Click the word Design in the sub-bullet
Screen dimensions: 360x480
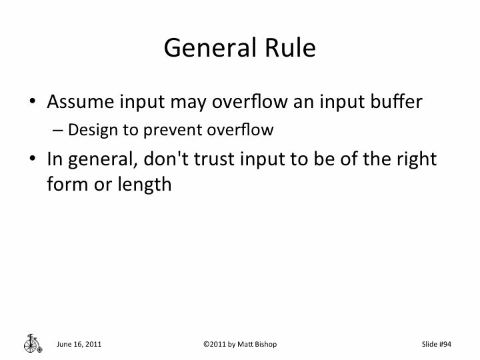point(87,129)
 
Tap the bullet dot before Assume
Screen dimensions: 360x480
point(32,103)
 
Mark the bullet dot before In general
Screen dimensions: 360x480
point(32,160)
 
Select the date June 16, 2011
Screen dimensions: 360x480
point(79,344)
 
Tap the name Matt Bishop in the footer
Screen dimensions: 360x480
point(257,344)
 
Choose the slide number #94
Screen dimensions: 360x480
point(445,344)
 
